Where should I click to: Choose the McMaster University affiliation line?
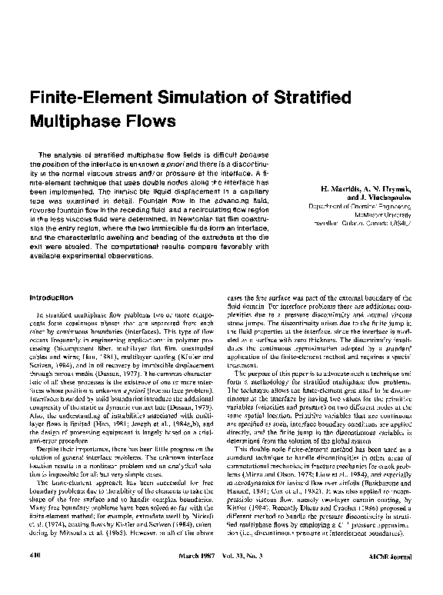click(x=391, y=218)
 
